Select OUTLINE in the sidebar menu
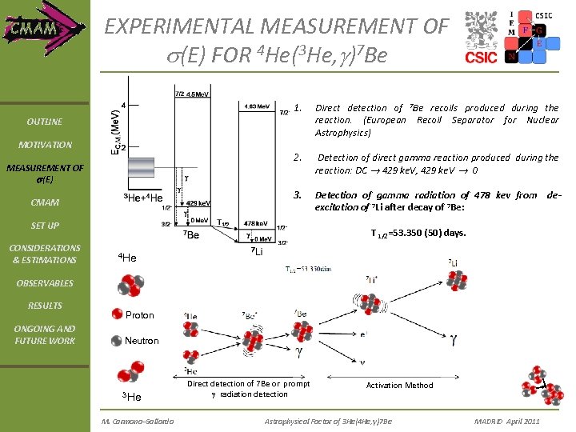point(44,122)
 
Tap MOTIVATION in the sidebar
point(44,145)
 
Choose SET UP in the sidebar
point(44,226)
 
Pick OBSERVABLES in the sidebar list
point(44,283)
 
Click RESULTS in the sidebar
point(44,306)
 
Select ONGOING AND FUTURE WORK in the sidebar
point(44,334)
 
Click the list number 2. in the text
point(298,158)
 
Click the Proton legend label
point(140,315)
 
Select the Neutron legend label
point(142,341)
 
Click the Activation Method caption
point(399,386)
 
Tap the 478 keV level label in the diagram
point(254,223)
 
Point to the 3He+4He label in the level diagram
point(143,198)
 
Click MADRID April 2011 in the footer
point(507,421)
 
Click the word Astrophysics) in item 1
point(342,133)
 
